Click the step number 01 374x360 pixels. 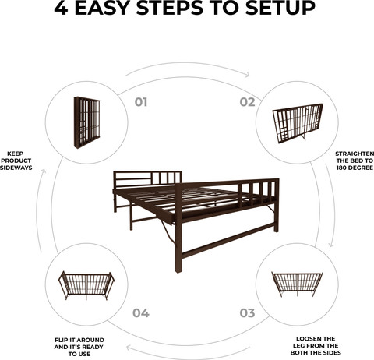(141, 102)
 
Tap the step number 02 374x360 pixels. (248, 102)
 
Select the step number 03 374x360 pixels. (247, 313)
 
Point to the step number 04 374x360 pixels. (141, 313)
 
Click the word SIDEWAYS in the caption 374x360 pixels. (16, 168)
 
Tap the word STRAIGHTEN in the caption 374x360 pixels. (355, 154)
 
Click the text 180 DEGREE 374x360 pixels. (355, 168)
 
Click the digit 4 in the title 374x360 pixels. (61, 8)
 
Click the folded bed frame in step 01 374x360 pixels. (86, 122)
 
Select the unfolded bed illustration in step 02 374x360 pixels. (298, 123)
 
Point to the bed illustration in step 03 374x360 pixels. (297, 284)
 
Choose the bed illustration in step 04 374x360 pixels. (86, 285)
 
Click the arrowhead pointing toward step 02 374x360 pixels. (247, 75)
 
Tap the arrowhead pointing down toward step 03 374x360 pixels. (331, 245)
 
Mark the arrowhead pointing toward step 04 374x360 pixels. (129, 348)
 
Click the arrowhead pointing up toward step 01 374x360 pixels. (44, 171)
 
